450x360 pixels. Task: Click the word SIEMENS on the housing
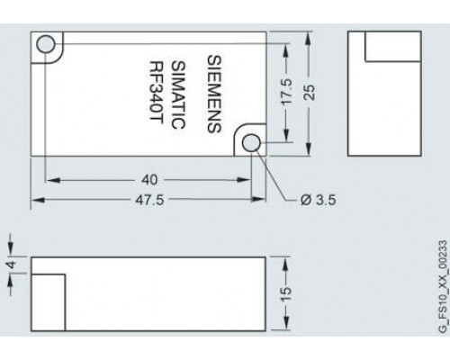214,94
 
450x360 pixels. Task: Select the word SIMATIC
178,94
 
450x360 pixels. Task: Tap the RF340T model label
157,93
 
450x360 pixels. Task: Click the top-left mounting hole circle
46,44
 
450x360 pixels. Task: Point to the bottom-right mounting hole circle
251,143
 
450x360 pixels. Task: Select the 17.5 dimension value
286,92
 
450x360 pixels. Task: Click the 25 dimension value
310,93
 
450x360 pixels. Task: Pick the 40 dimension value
149,180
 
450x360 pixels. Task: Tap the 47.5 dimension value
149,200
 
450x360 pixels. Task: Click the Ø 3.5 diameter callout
319,200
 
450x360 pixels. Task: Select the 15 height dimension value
286,294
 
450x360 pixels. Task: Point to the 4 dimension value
12,265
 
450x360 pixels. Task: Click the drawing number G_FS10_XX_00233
443,286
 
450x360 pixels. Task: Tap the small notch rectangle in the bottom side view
49,302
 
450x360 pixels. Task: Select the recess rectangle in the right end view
393,47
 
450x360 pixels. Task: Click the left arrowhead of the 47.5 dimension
38,200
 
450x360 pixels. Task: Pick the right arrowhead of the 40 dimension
244,180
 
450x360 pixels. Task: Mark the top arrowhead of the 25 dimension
309,39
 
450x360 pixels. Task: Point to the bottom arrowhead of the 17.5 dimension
286,135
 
